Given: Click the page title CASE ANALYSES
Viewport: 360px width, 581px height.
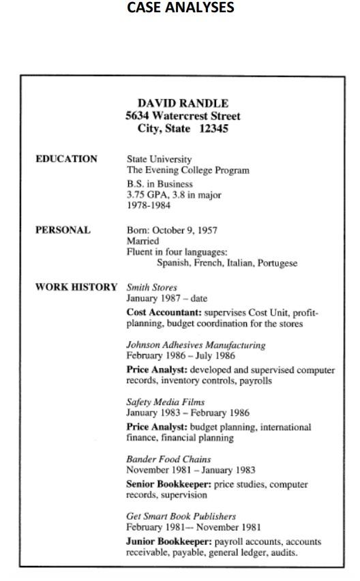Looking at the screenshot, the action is point(181,9).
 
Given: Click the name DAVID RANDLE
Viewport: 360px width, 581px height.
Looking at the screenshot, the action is point(183,104).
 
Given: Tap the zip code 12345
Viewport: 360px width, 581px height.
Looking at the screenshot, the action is point(213,128).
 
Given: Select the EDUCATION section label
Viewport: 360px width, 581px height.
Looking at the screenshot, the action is point(66,159).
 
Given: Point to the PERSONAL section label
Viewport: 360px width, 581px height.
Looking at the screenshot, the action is point(63,230).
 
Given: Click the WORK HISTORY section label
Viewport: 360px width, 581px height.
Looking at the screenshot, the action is point(76,287).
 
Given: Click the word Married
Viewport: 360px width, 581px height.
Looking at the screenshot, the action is point(142,241).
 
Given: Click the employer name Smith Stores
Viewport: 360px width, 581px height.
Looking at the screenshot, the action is point(152,287).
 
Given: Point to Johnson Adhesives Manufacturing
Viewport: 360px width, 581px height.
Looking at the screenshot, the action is point(196,345).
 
